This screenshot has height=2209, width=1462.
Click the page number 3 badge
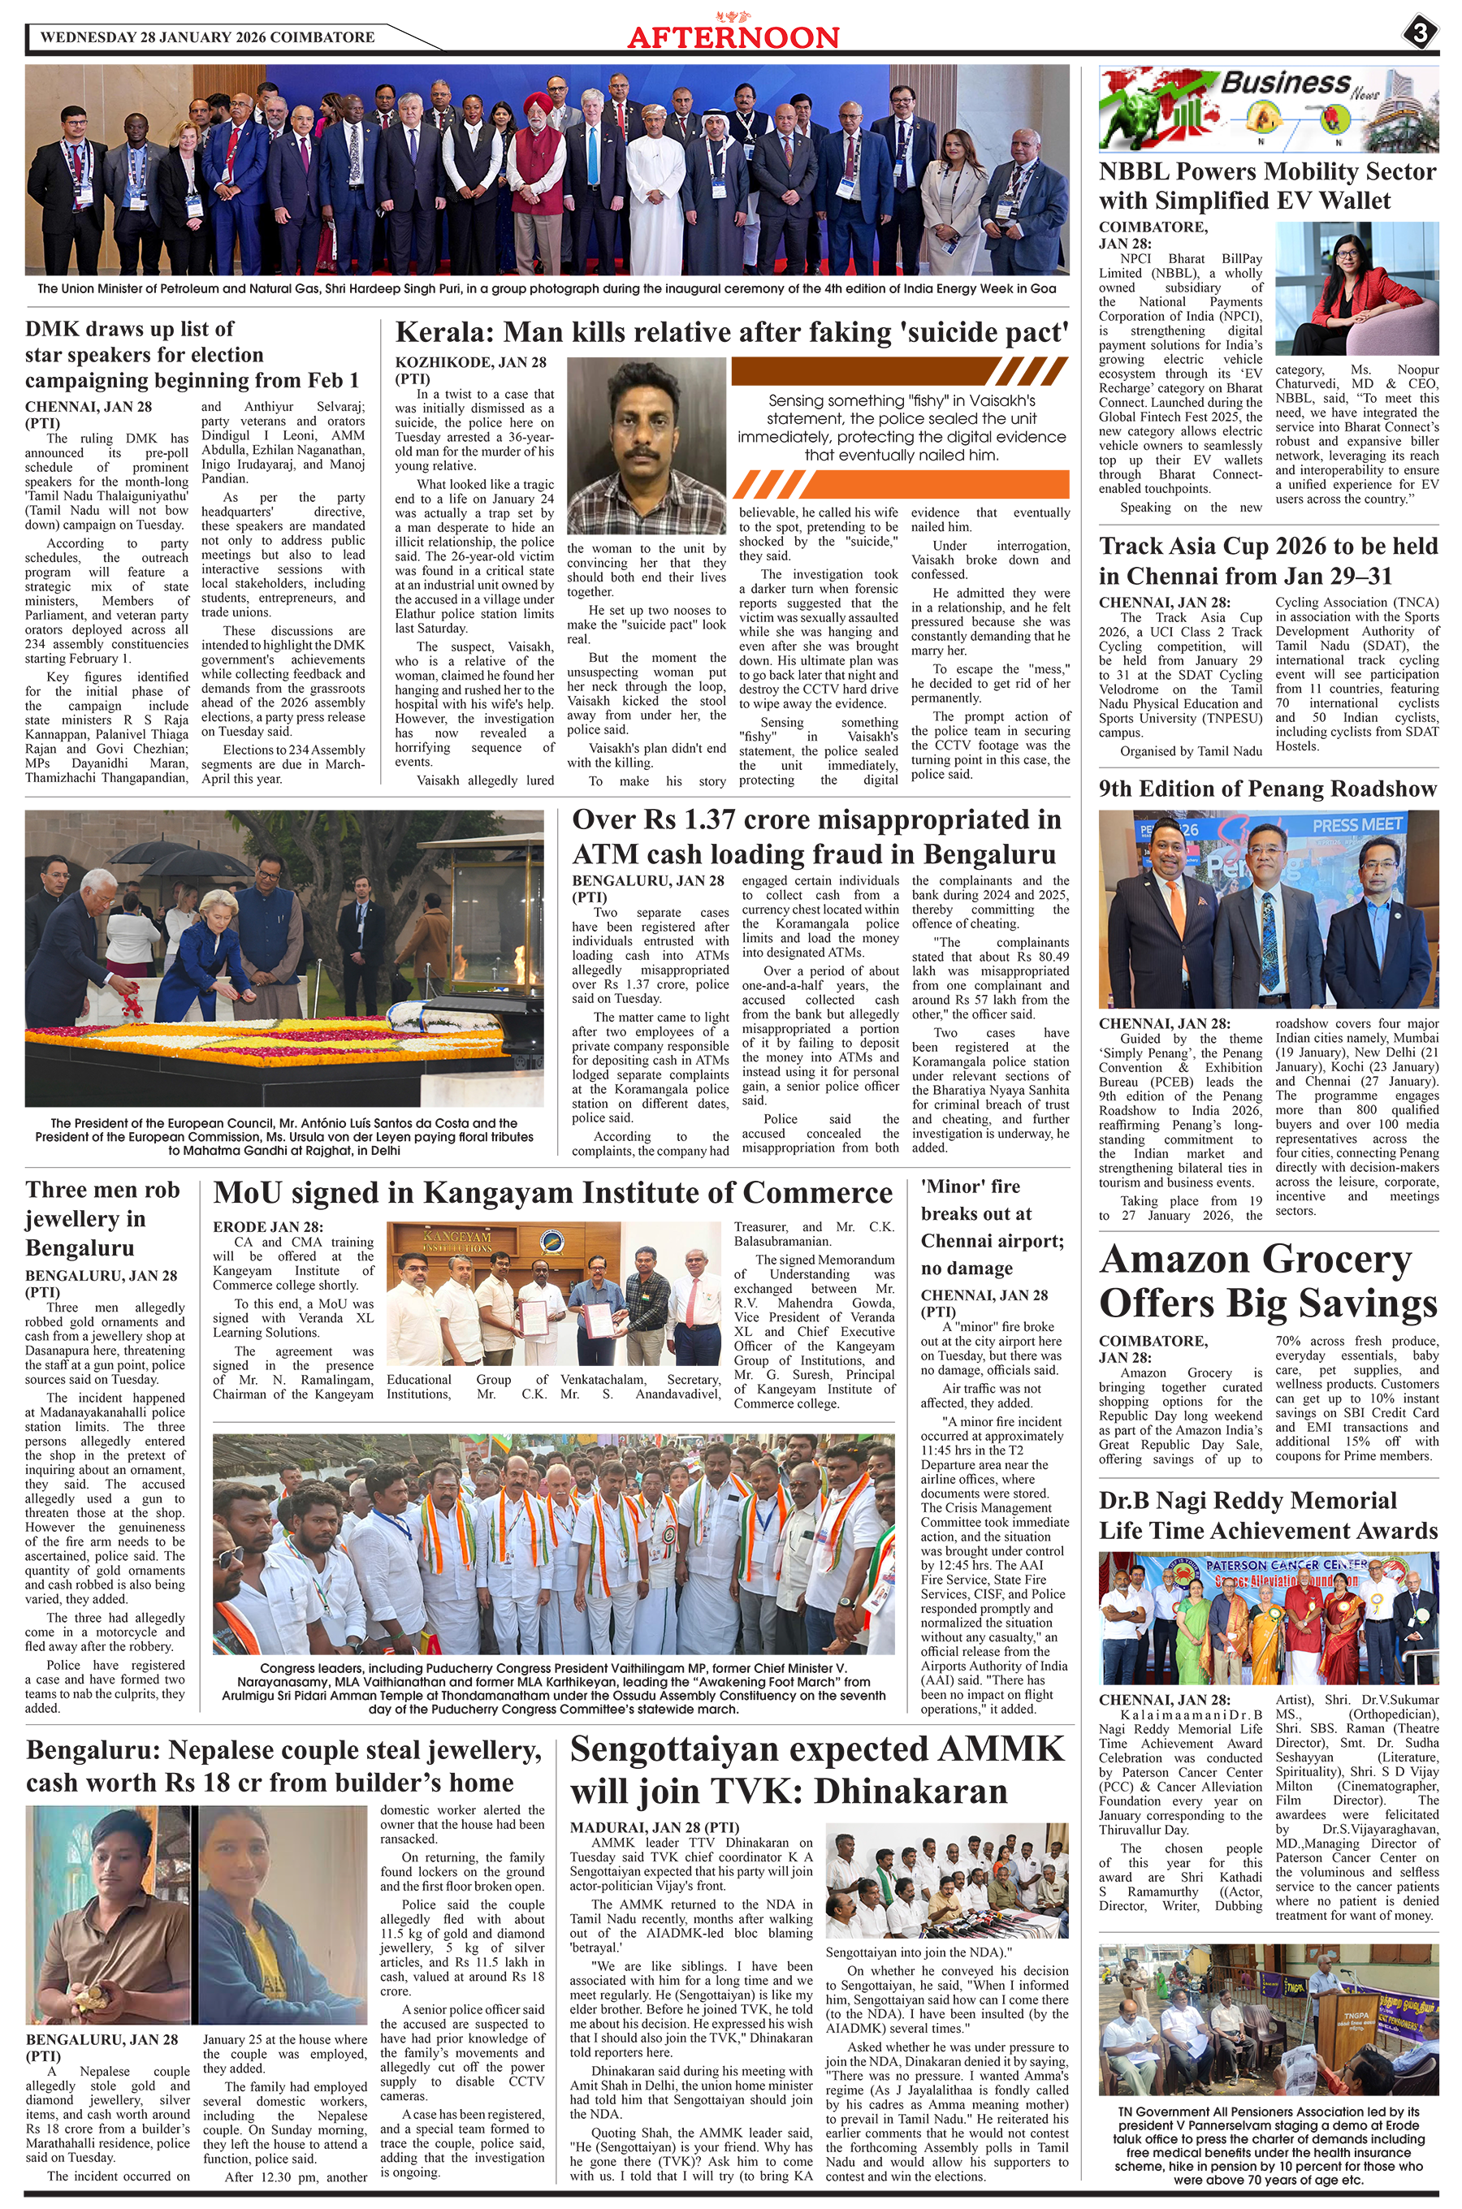1420,33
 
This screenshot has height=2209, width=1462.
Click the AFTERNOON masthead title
733,37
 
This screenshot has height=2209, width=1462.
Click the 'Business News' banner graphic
1268,108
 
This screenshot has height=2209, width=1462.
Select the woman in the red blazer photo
1356,288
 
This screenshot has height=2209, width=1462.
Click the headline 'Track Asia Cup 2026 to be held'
1268,547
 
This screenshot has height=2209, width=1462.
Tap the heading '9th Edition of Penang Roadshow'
1268,789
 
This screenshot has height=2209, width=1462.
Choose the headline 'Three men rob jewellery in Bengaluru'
102,1218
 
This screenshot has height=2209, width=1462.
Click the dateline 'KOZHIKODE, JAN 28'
471,361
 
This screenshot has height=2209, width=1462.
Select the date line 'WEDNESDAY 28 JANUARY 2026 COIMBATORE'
208,37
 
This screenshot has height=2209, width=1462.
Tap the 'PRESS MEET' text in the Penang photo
1359,825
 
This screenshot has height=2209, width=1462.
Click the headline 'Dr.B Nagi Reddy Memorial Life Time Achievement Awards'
1268,1515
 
